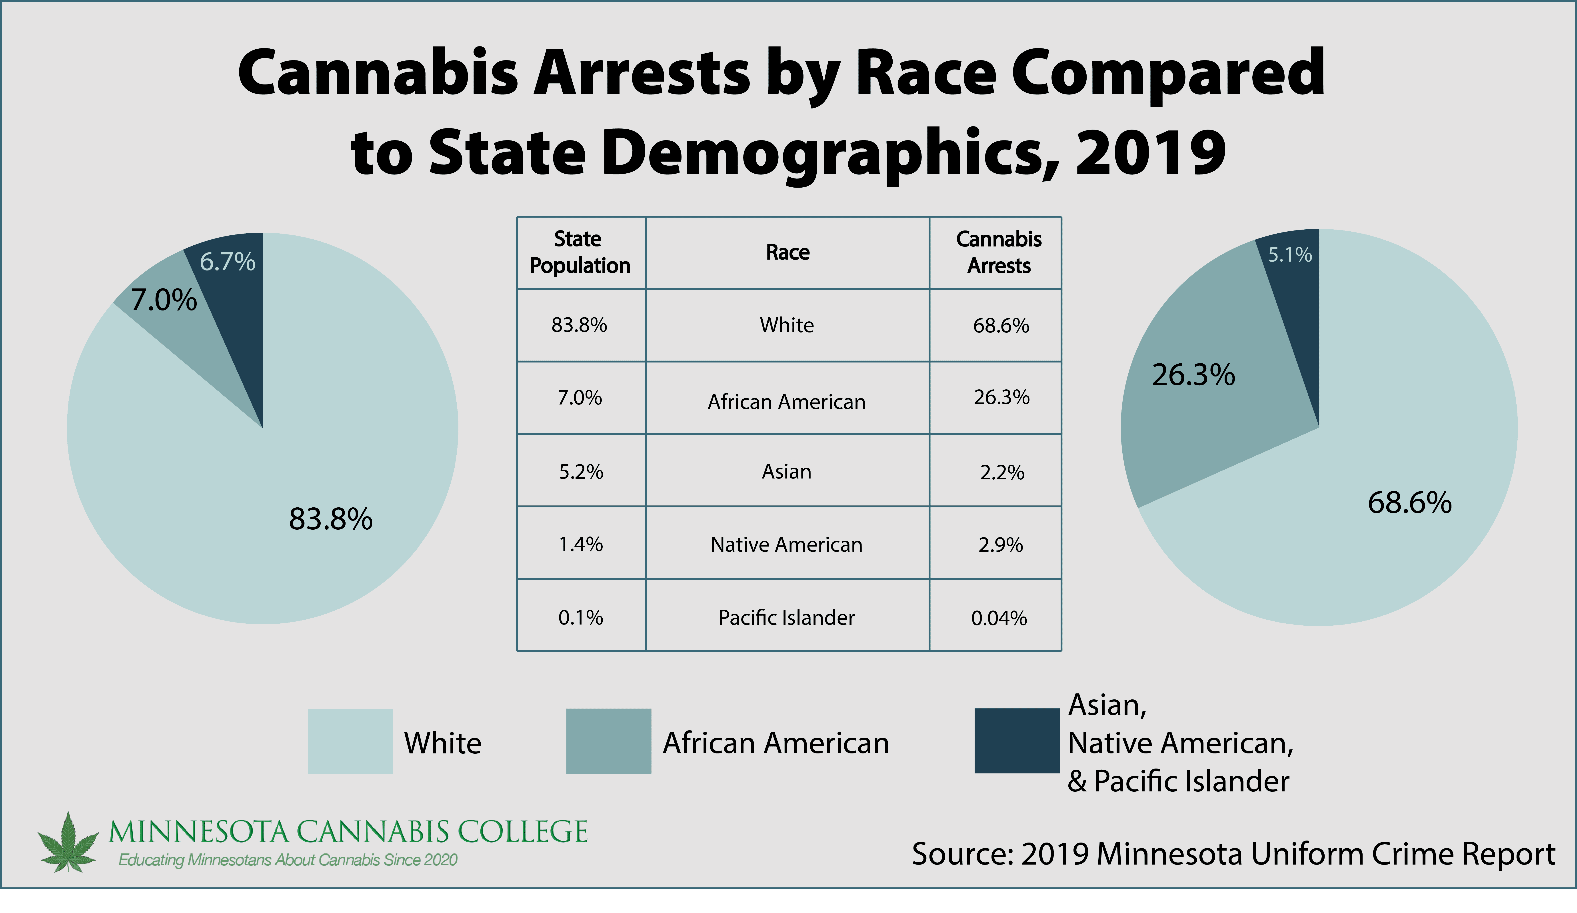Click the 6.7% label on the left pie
click(x=227, y=262)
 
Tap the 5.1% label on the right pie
click(x=1290, y=255)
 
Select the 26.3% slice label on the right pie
click(x=1193, y=375)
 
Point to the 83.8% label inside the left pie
click(x=330, y=519)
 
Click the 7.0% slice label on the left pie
click(x=164, y=300)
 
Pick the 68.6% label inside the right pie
click(x=1409, y=503)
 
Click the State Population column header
click(x=580, y=252)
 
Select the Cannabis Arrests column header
click(x=999, y=252)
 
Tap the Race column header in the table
click(x=787, y=252)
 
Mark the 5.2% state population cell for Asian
click(x=581, y=472)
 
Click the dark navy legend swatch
click(x=1016, y=741)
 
